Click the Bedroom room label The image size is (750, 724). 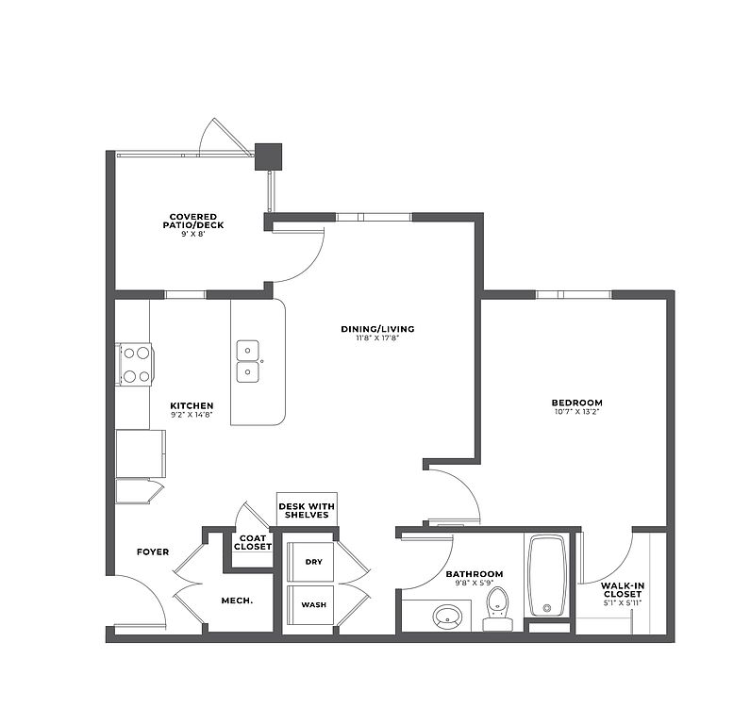pyautogui.click(x=576, y=403)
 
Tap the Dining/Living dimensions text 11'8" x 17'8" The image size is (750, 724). pyautogui.click(x=377, y=337)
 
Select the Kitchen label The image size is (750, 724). pyautogui.click(x=192, y=405)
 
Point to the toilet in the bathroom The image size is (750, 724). pyautogui.click(x=497, y=609)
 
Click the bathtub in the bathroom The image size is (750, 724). pyautogui.click(x=547, y=576)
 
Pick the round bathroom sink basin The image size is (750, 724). pyautogui.click(x=448, y=616)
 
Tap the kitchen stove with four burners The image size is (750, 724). pyautogui.click(x=136, y=364)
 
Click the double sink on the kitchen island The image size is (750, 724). pyautogui.click(x=248, y=361)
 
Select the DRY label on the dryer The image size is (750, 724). pyautogui.click(x=314, y=562)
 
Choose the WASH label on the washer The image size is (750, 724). pyautogui.click(x=314, y=604)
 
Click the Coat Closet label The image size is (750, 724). pyautogui.click(x=253, y=542)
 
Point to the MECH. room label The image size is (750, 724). pyautogui.click(x=237, y=601)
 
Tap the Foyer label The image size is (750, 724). pyautogui.click(x=153, y=552)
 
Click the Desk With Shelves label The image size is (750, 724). pyautogui.click(x=307, y=510)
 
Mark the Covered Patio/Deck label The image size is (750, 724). pyautogui.click(x=193, y=221)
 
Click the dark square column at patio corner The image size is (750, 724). pyautogui.click(x=268, y=156)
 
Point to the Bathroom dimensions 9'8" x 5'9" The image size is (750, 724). pyautogui.click(x=475, y=583)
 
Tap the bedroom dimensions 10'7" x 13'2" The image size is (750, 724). pyautogui.click(x=576, y=411)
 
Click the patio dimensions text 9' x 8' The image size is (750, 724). pyautogui.click(x=192, y=234)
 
